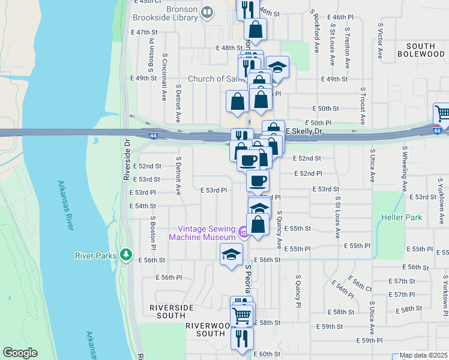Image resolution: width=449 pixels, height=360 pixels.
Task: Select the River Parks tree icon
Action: coord(125,255)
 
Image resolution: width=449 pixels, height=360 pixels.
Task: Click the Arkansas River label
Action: coord(67,205)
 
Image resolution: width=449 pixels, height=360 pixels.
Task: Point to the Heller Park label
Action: coord(402,217)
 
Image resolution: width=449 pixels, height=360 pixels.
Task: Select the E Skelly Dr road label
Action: coord(304,131)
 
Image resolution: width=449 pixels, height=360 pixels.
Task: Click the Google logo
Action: coord(20,353)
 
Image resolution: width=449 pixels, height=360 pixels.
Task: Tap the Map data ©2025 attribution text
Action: coord(423,355)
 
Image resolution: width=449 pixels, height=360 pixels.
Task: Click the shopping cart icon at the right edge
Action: coord(442,112)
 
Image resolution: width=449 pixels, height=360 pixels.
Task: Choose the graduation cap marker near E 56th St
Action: coord(232,255)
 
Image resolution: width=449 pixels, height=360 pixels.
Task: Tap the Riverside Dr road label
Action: coord(127,161)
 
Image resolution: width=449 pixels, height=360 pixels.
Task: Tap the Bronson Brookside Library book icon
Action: coord(207,12)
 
